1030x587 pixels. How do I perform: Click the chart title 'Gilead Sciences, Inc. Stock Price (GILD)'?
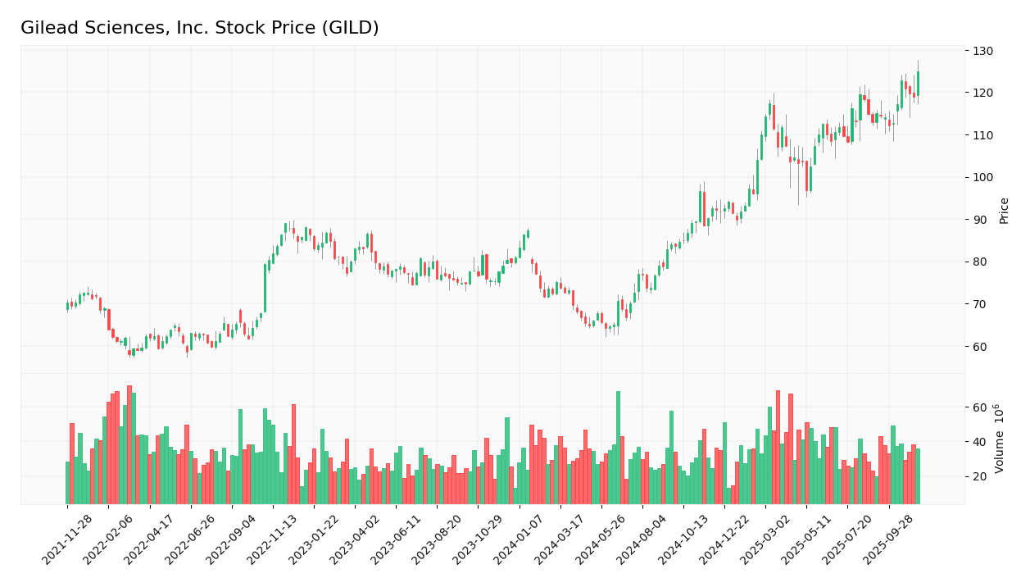tap(200, 28)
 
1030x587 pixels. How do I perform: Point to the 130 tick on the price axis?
tap(982, 51)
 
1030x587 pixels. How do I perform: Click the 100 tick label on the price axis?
tap(982, 177)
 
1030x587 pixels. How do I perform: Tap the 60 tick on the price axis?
tap(979, 346)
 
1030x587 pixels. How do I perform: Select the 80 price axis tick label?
tap(979, 262)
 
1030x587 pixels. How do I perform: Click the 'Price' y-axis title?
tap(1004, 211)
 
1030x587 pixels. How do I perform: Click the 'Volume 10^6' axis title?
tap(1000, 439)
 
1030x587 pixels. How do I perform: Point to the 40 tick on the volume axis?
tap(979, 442)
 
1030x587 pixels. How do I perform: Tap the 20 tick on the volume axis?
tap(979, 476)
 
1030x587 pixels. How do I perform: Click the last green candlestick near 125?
tap(918, 84)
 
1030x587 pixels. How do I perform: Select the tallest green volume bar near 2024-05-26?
tap(618, 447)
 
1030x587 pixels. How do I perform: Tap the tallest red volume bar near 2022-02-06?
tap(129, 444)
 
